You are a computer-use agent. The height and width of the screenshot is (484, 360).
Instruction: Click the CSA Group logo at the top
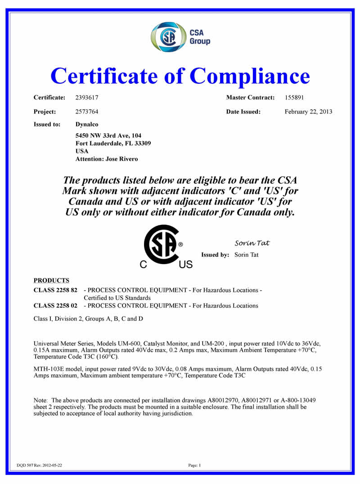[x=180, y=37]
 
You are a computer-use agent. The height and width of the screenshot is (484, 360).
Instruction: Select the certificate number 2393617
[x=87, y=97]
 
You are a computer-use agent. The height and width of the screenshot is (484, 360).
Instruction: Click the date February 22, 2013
[x=308, y=112]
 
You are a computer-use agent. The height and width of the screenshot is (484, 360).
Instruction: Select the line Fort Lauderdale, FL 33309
[x=113, y=143]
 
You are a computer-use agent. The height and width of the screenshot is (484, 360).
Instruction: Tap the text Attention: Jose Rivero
[x=107, y=159]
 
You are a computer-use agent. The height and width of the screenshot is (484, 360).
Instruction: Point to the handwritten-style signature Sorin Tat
[x=252, y=243]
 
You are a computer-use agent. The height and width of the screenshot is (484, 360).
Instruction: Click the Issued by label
[x=215, y=255]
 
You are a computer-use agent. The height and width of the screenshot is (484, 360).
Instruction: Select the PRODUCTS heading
[x=51, y=280]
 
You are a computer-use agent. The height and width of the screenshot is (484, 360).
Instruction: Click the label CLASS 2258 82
[x=55, y=290]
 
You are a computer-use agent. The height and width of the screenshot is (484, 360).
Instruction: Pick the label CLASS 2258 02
[x=55, y=305]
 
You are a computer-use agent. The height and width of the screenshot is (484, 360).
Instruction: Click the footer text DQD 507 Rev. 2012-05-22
[x=39, y=465]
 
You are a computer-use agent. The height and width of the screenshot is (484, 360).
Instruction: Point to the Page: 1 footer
[x=194, y=465]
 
